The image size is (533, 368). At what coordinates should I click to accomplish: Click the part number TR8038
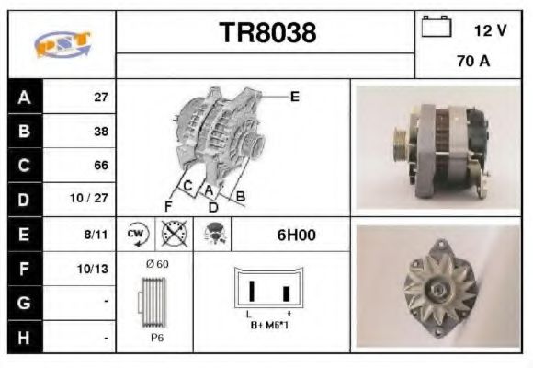point(267,33)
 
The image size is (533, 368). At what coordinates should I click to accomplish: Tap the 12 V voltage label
point(490,30)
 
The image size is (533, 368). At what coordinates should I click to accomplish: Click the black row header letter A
point(23,98)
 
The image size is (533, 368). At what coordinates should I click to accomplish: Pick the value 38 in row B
point(101,132)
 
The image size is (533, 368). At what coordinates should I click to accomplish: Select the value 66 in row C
point(101,166)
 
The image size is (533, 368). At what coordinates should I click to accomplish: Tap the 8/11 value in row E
point(96,235)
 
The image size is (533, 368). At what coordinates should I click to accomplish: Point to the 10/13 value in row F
point(96,270)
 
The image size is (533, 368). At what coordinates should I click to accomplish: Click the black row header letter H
point(23,338)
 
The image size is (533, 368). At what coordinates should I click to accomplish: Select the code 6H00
point(296,235)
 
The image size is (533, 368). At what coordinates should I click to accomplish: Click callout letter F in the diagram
point(168,204)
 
